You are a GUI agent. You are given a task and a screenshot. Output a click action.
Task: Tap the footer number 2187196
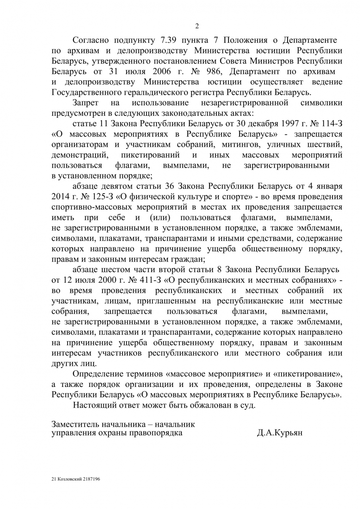[x=91, y=479]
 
